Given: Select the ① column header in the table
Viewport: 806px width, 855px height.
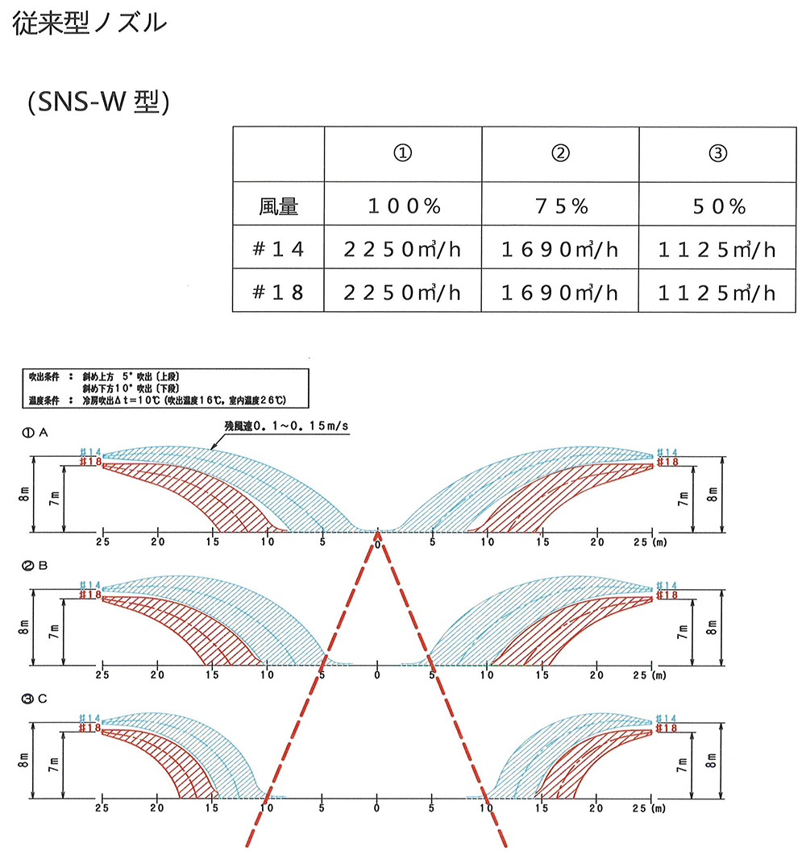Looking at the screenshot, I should point(403,154).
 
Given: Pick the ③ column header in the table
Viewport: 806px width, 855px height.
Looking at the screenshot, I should point(717,154).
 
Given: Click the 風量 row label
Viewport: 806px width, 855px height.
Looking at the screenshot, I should point(279,207).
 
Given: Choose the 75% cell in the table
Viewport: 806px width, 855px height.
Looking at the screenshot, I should point(560,207).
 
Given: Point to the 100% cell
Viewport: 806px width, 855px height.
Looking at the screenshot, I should point(403,207).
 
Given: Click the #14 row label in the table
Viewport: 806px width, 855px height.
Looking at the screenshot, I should point(279,250).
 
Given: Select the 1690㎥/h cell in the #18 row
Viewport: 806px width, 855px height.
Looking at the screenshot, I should point(560,292).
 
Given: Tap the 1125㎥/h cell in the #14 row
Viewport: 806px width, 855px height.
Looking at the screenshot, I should point(717,250).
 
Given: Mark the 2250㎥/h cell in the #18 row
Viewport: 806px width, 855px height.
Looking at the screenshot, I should point(403,292).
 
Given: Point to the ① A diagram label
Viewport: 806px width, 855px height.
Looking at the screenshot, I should point(37,433).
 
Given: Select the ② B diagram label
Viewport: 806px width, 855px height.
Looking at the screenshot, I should point(37,567).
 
